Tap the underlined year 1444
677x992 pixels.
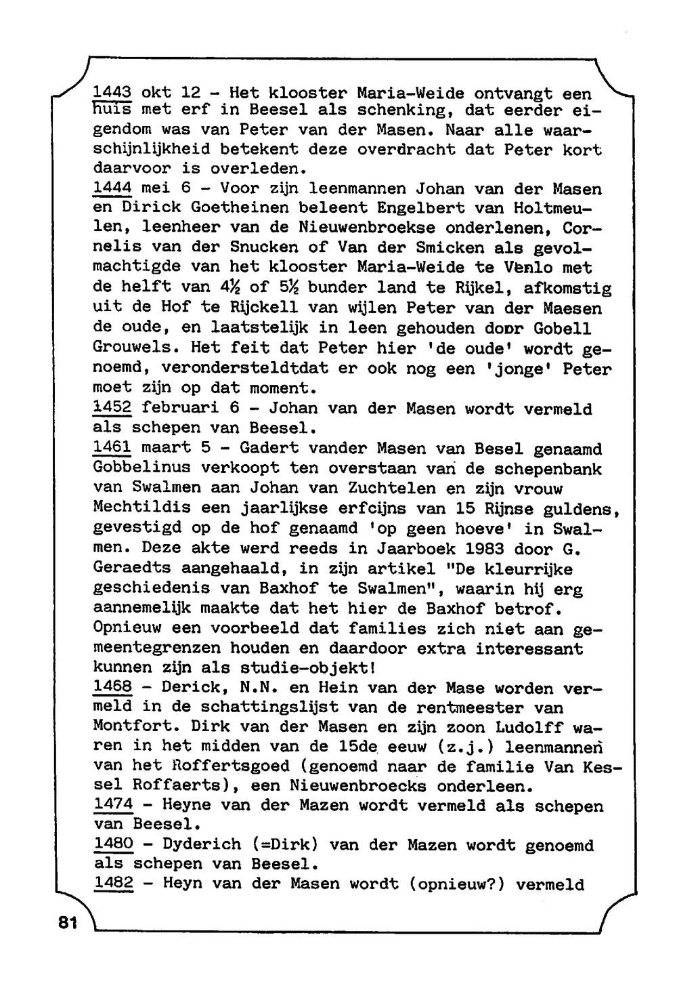[112, 188]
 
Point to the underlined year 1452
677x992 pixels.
[112, 408]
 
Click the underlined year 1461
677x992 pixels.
[112, 448]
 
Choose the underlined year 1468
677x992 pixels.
[112, 688]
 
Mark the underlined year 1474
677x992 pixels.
[113, 805]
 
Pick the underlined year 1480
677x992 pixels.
[113, 844]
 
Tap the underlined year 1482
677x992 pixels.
[113, 884]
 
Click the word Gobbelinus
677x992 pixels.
[141, 468]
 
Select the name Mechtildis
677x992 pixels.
[141, 508]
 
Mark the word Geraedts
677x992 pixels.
[132, 568]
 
